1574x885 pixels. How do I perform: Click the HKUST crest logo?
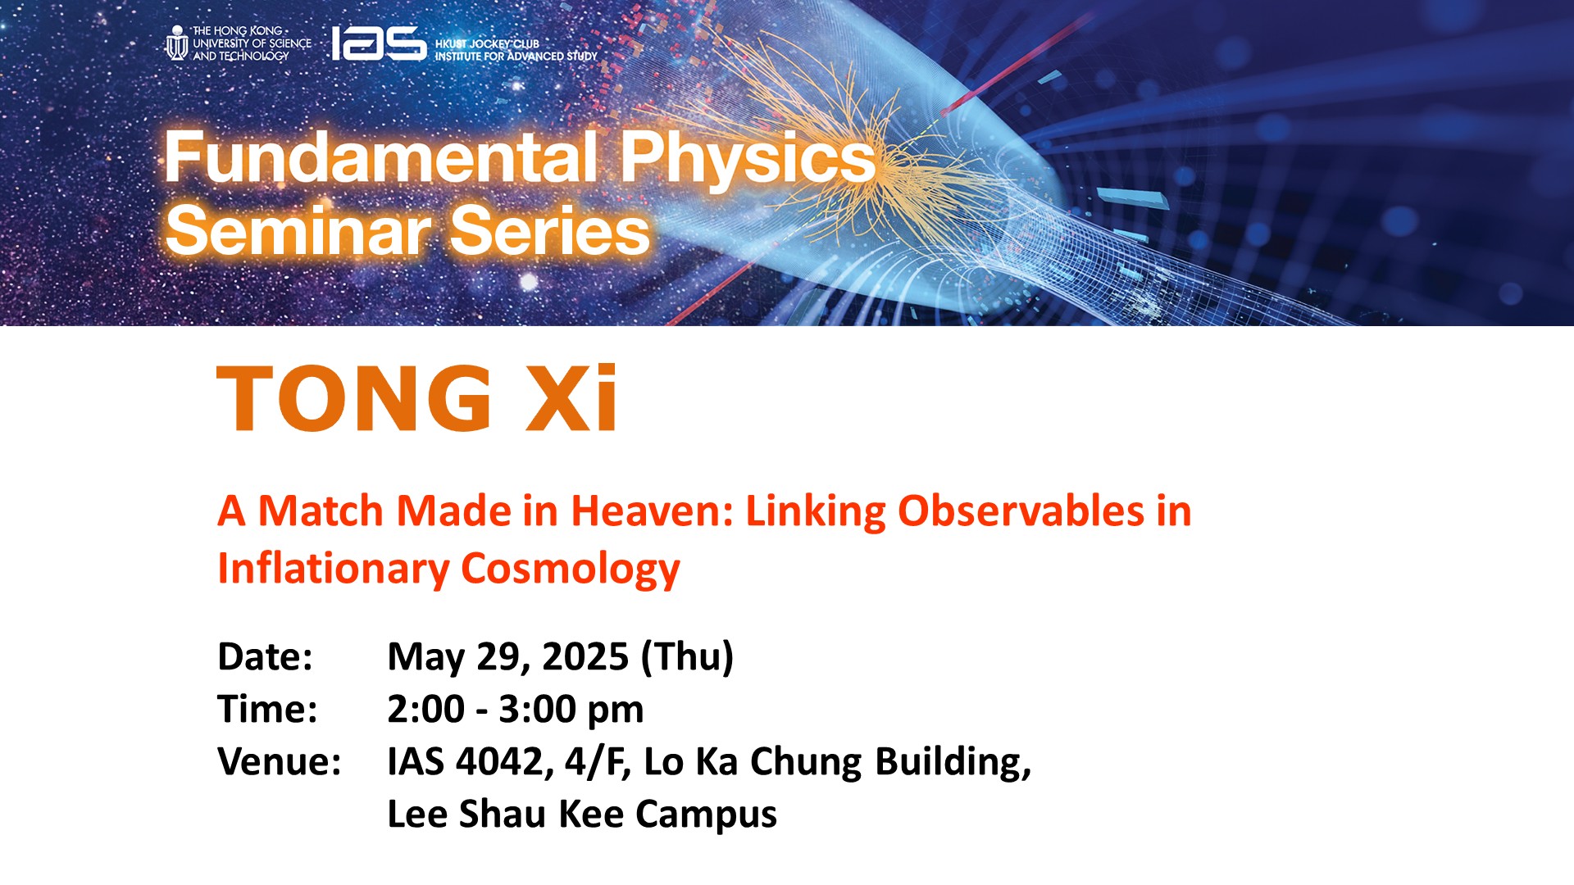point(176,43)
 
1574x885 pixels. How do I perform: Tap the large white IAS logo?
point(379,43)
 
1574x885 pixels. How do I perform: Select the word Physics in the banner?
point(748,159)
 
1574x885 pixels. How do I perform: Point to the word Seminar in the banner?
point(298,230)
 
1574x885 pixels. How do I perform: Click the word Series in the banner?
point(550,230)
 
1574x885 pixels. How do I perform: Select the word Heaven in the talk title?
point(652,511)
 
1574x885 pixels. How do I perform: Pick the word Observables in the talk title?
point(1021,511)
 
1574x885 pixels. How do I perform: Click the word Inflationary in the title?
point(333,569)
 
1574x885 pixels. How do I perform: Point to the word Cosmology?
point(571,570)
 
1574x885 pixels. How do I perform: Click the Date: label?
point(265,657)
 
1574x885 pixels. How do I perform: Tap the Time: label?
point(267,710)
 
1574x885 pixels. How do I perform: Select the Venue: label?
point(280,762)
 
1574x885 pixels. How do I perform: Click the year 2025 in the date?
point(585,657)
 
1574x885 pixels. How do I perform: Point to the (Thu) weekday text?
point(687,657)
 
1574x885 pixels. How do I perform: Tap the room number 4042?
point(499,762)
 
